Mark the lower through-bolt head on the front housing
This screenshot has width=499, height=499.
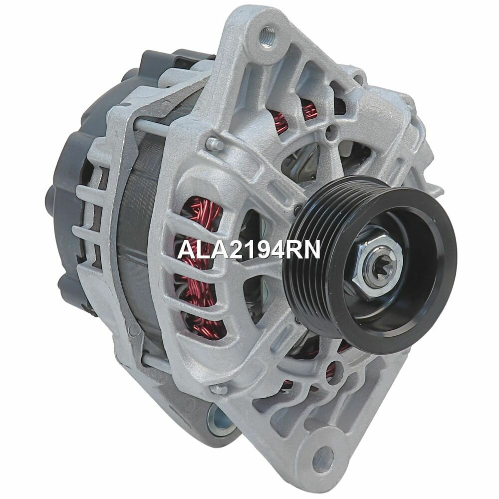pos(215,389)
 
